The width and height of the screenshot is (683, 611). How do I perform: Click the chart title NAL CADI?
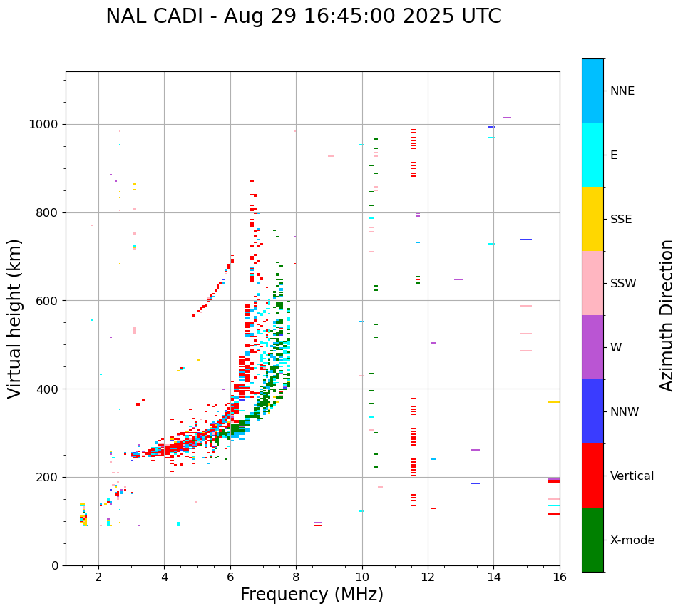(303, 16)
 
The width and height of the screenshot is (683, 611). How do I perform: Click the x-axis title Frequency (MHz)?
(312, 595)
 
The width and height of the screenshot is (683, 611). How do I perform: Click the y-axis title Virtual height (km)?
(15, 319)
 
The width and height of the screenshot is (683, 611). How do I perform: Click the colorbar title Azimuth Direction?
(667, 315)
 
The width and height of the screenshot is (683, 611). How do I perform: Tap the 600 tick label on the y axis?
(48, 301)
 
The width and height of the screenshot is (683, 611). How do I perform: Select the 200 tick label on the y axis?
(48, 478)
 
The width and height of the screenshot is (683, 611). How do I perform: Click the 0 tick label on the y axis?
(56, 565)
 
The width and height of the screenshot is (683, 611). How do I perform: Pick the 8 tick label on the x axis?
(296, 577)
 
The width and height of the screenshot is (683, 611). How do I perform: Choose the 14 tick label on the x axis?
(493, 577)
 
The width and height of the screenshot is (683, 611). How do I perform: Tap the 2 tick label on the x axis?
(98, 577)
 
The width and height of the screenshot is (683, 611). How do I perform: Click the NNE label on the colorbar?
(622, 91)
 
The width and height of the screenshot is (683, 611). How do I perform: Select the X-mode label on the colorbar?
(632, 540)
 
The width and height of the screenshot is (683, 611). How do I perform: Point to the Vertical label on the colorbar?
(632, 476)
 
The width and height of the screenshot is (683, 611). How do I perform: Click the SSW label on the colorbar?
(623, 284)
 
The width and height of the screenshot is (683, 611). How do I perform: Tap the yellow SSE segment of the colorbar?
(592, 219)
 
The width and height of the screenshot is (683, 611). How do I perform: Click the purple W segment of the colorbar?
(592, 347)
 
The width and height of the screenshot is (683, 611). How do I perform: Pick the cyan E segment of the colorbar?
(592, 155)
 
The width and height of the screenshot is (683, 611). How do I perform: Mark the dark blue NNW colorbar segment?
(592, 411)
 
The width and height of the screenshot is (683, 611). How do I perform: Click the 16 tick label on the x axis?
(560, 577)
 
